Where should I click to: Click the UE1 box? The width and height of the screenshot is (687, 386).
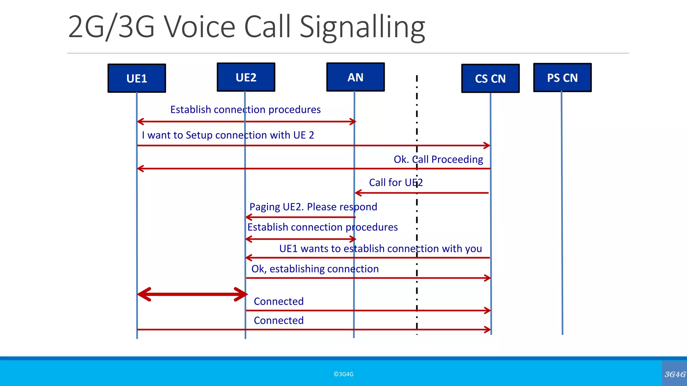tap(137, 78)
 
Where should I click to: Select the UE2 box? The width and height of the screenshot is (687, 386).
tap(246, 77)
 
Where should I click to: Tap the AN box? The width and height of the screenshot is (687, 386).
tap(355, 77)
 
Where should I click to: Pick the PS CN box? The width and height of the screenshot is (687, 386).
tap(562, 78)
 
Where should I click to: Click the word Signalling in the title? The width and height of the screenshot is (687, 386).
tap(362, 27)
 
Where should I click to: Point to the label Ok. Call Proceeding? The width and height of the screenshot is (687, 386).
tap(438, 159)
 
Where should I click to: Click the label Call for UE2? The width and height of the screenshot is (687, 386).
tap(395, 183)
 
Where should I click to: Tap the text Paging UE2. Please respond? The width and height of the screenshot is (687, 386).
tap(313, 207)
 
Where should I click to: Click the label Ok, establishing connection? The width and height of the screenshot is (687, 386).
tap(315, 269)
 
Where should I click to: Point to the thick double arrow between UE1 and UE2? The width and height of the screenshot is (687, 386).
tap(192, 294)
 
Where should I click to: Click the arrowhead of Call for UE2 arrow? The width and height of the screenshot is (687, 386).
tap(358, 193)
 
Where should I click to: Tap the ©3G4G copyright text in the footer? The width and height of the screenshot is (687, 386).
tap(343, 374)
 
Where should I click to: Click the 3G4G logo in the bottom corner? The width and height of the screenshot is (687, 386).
tap(675, 374)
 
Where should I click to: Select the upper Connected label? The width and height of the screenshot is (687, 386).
tap(278, 301)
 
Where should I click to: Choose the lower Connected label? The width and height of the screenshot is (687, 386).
tap(278, 320)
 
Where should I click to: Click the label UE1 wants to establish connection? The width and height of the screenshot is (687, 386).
tap(380, 249)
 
